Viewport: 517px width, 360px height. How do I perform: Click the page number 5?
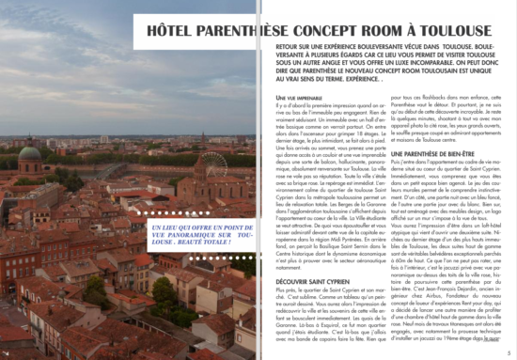click(x=509, y=352)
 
